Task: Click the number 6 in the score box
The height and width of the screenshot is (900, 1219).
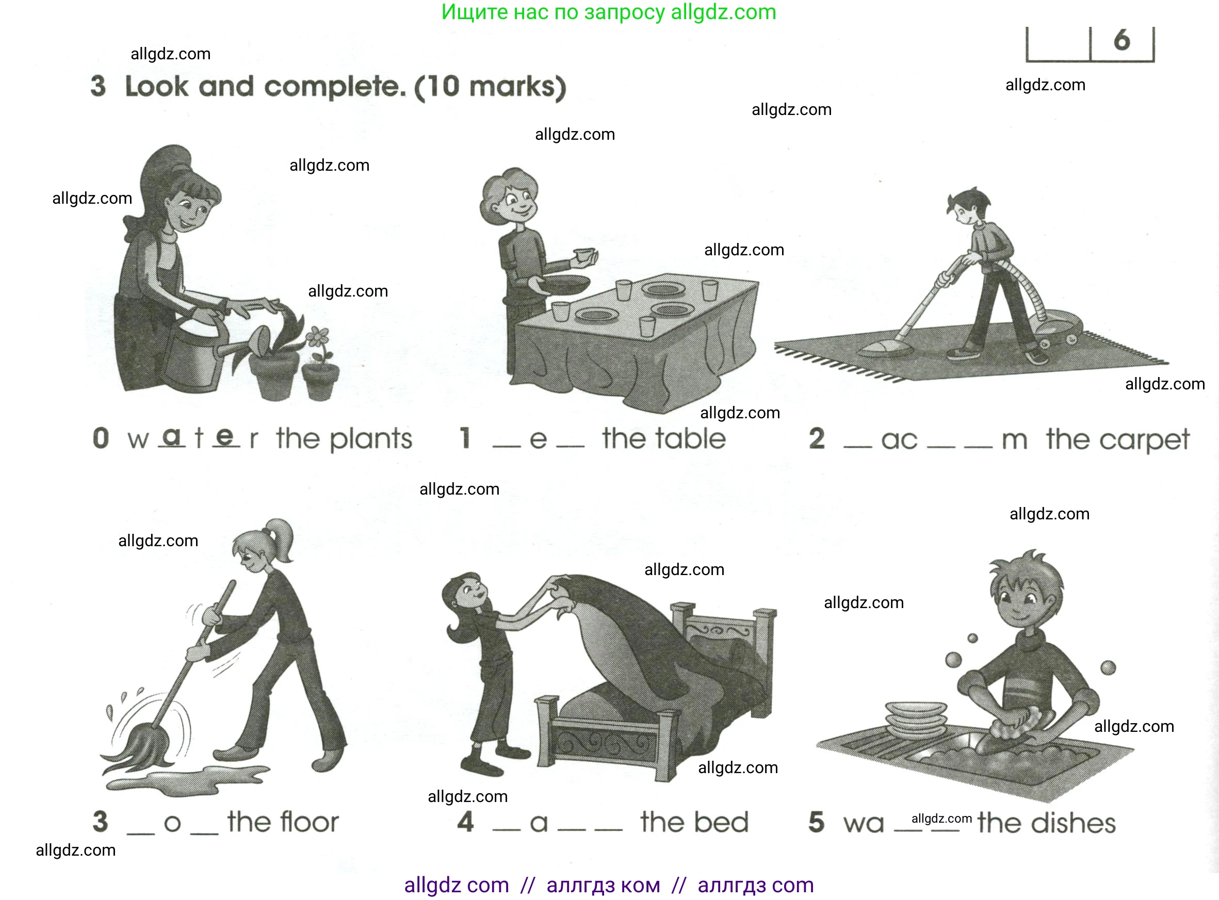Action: (1122, 40)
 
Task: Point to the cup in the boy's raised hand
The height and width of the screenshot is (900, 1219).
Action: (584, 255)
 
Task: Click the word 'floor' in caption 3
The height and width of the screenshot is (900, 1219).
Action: (305, 822)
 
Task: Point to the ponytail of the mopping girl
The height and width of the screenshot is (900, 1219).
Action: (281, 539)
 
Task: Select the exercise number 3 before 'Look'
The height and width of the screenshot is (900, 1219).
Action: (98, 86)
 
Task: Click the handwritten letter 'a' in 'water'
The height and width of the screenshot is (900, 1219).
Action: (172, 436)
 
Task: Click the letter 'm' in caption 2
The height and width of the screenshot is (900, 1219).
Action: (1014, 440)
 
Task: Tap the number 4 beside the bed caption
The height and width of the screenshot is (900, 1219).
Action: (465, 822)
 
